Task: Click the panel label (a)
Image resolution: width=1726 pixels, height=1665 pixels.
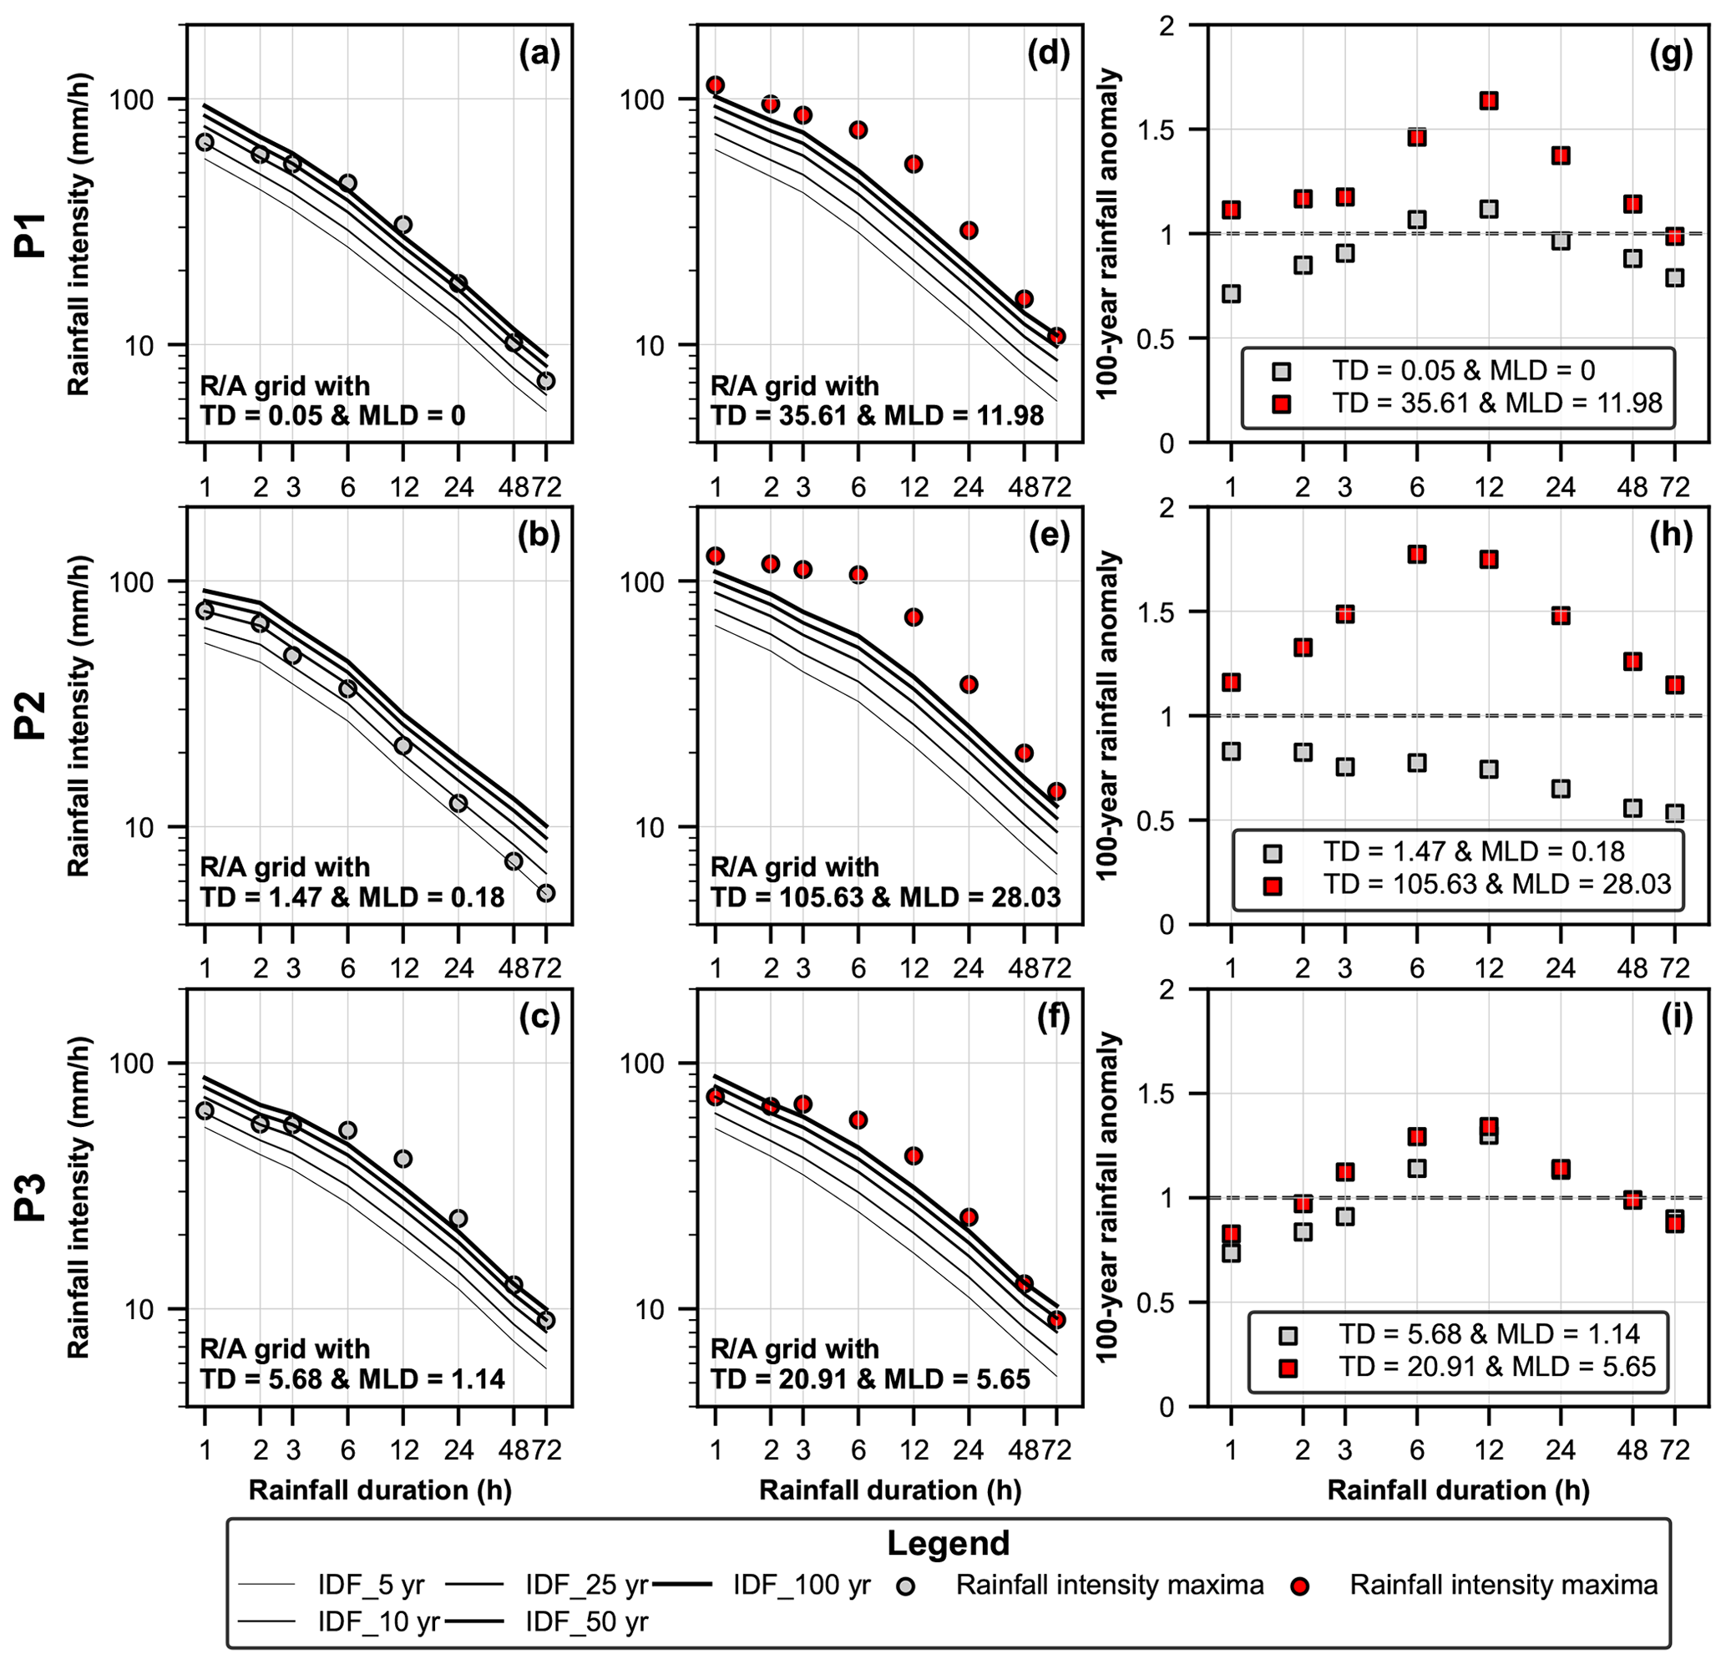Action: [539, 54]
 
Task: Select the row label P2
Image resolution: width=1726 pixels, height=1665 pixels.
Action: [33, 715]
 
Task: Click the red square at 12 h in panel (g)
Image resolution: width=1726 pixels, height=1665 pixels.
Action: [1489, 101]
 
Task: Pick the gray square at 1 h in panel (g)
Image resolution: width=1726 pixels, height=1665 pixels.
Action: [1231, 293]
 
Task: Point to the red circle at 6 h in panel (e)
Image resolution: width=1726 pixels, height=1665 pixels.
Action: [858, 576]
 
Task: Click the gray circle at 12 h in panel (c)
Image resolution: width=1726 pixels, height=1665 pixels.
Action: [402, 1159]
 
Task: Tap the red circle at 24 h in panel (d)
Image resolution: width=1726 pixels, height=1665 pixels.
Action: [969, 231]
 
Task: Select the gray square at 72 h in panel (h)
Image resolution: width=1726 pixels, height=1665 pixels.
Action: [1675, 813]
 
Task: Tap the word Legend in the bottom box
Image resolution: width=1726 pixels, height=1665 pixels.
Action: [948, 1543]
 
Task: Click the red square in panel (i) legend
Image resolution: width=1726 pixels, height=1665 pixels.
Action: [1288, 1368]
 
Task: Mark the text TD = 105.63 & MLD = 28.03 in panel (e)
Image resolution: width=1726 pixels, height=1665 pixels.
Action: [885, 898]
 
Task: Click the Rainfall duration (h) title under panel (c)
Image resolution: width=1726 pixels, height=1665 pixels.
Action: [380, 1490]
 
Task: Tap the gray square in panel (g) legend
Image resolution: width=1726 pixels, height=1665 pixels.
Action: [1281, 371]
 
